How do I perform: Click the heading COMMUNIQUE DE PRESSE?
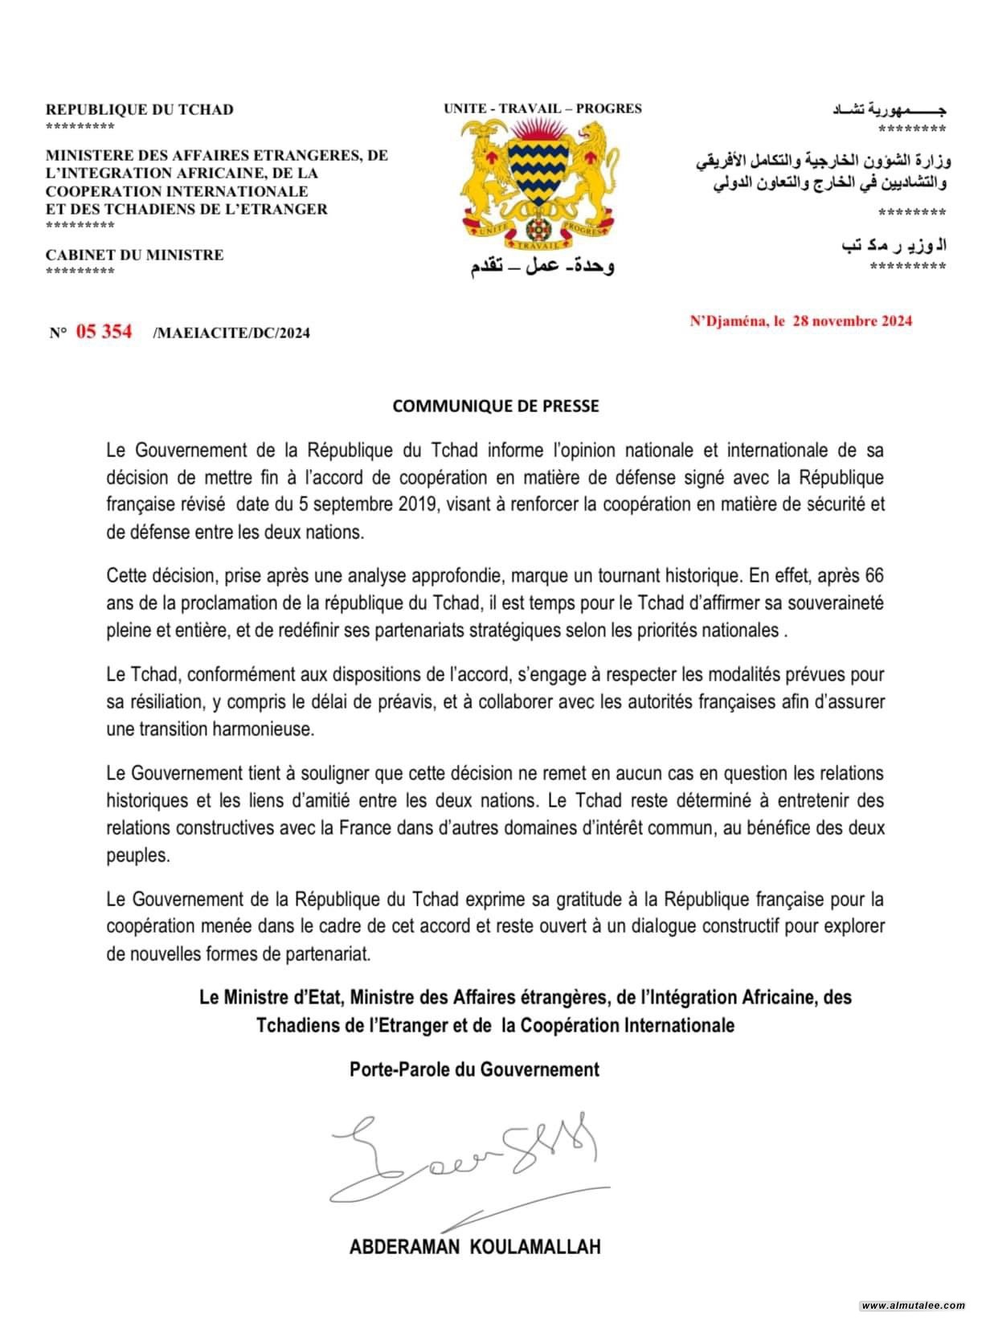pos(495,407)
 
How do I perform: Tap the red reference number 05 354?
pos(104,331)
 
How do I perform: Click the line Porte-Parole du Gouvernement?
pos(474,1069)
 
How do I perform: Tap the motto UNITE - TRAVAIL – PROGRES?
pos(542,108)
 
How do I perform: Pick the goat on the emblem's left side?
pos(488,173)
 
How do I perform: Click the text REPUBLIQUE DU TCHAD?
pos(140,109)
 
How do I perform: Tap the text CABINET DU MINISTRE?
pos(134,255)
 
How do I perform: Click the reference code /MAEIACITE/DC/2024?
pos(231,333)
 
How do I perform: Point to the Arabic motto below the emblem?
pos(542,266)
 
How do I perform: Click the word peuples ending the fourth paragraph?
pos(137,855)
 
